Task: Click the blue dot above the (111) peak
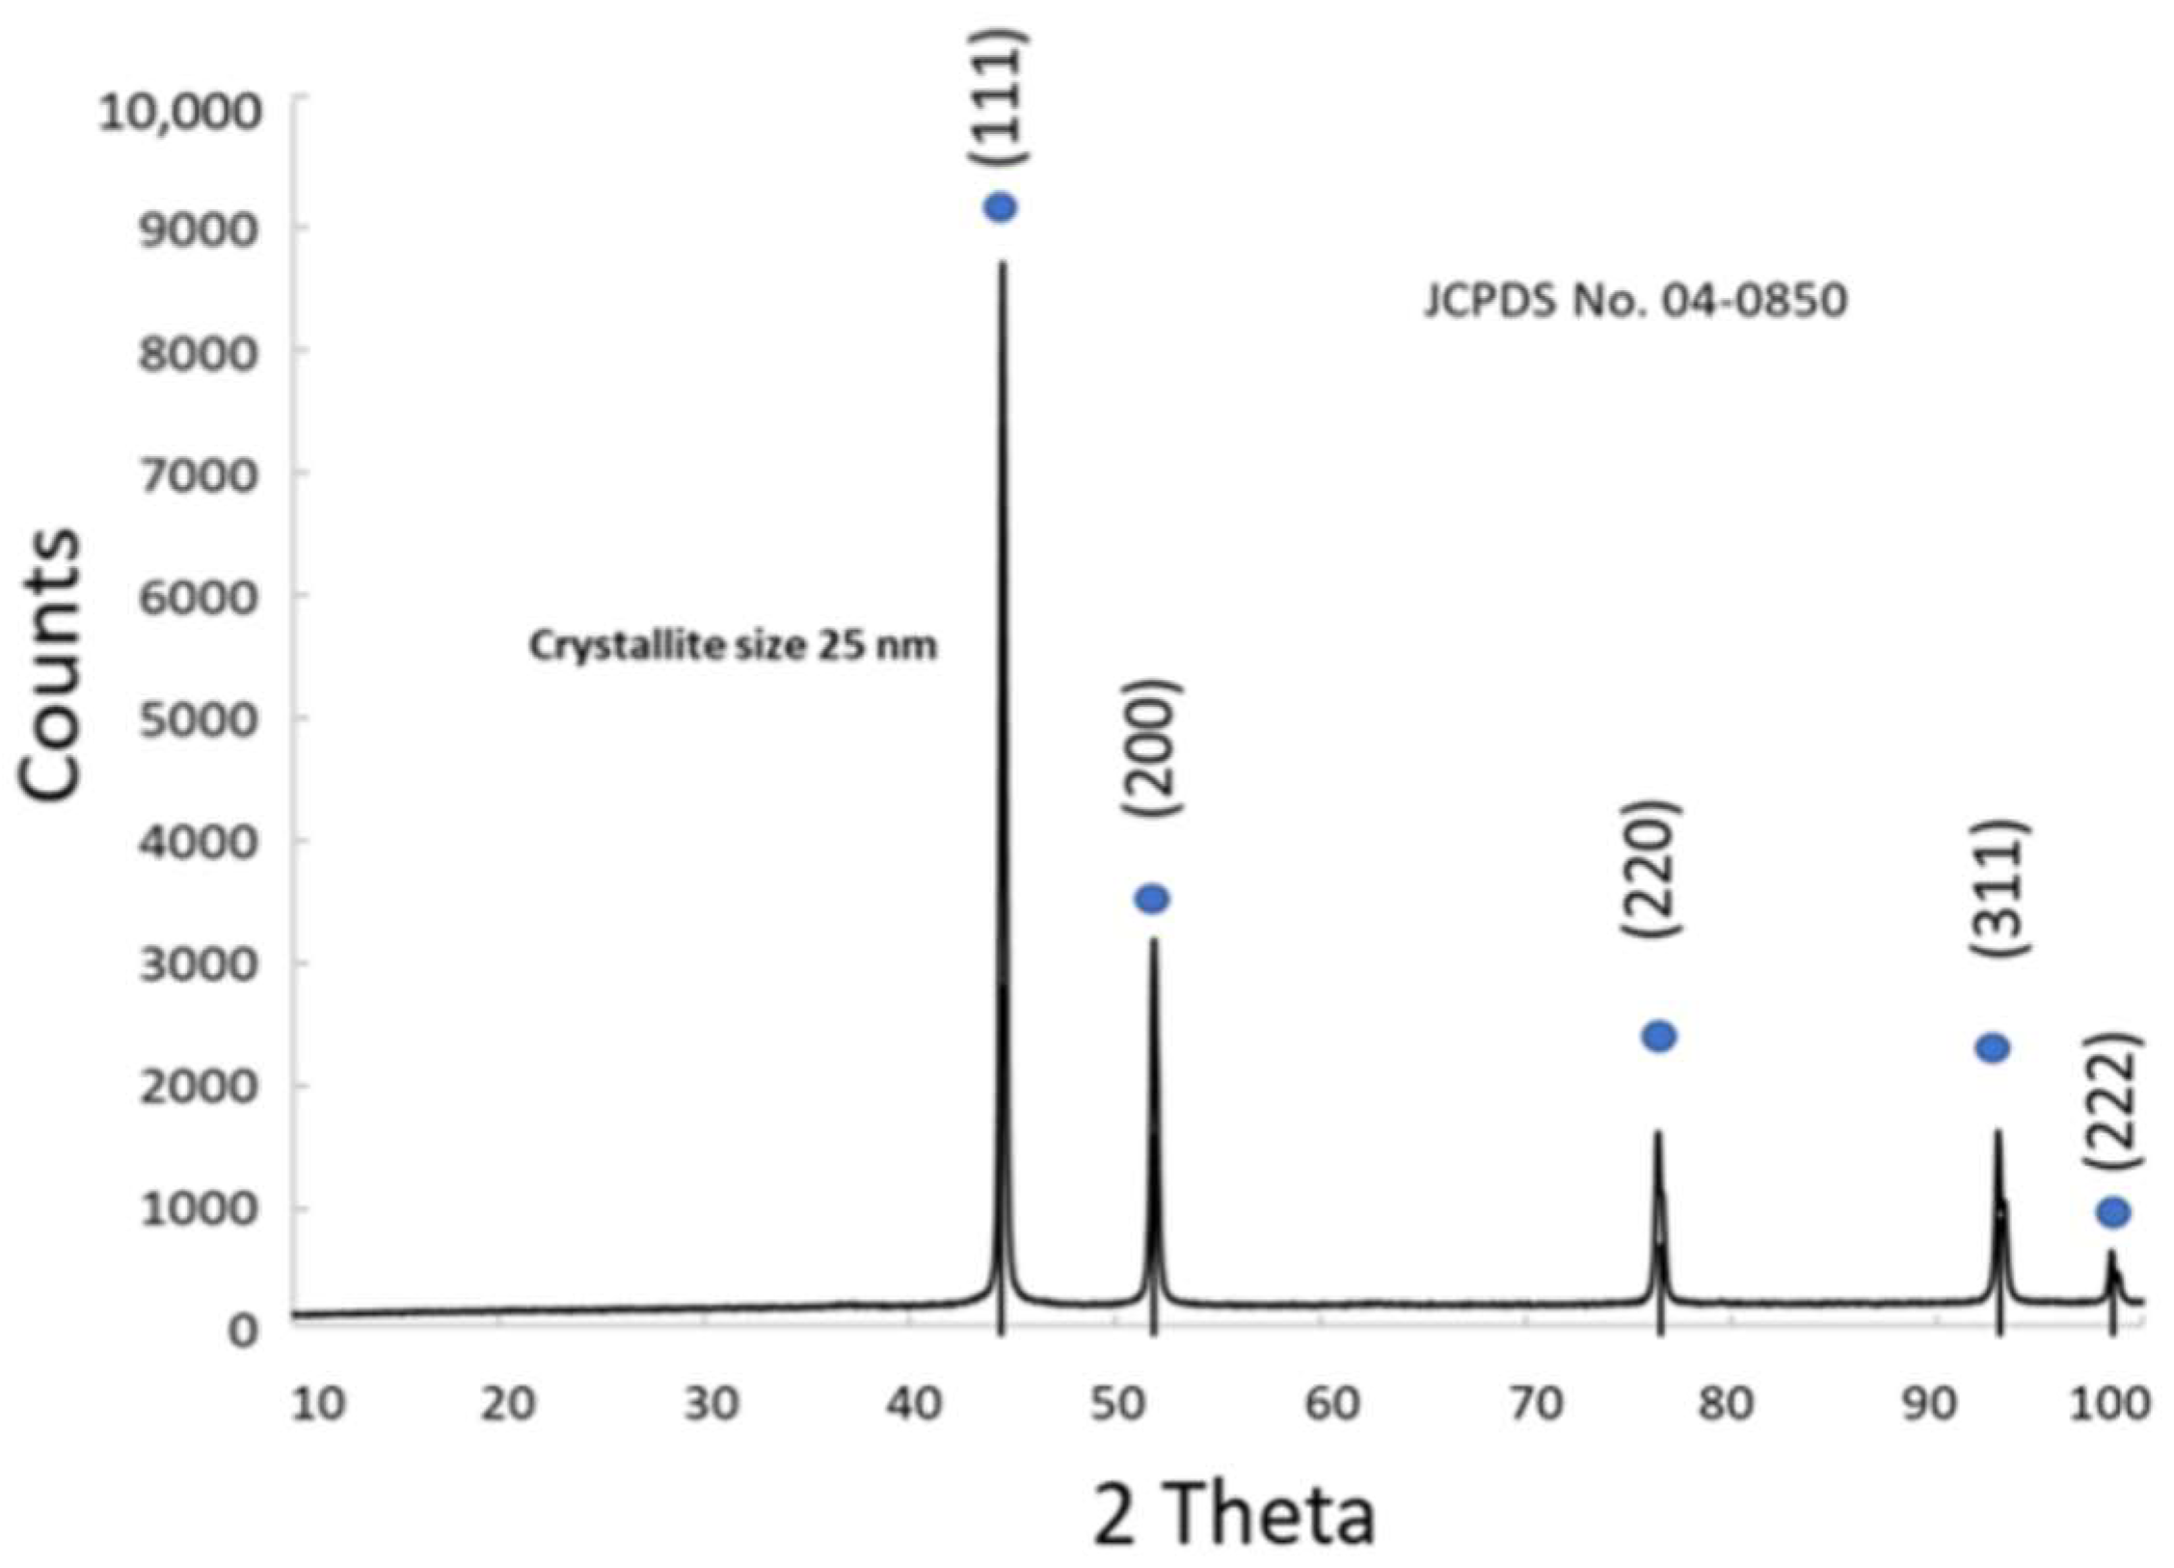tap(1000, 207)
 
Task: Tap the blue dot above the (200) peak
tap(1152, 899)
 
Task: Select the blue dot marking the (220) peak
tap(1658, 1037)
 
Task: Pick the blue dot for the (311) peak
tap(1993, 1047)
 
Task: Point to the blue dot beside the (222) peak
tap(2113, 1212)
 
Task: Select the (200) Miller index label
tap(1150, 748)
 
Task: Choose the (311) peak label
tap(1998, 888)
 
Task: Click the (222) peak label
tap(2111, 1101)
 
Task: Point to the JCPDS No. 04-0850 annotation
tap(1635, 301)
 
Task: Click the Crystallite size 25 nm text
tap(733, 645)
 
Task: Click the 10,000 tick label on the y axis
tap(180, 113)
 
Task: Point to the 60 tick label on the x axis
tap(1331, 1404)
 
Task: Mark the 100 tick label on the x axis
tap(2108, 1404)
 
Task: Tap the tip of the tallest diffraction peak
tap(1003, 264)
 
